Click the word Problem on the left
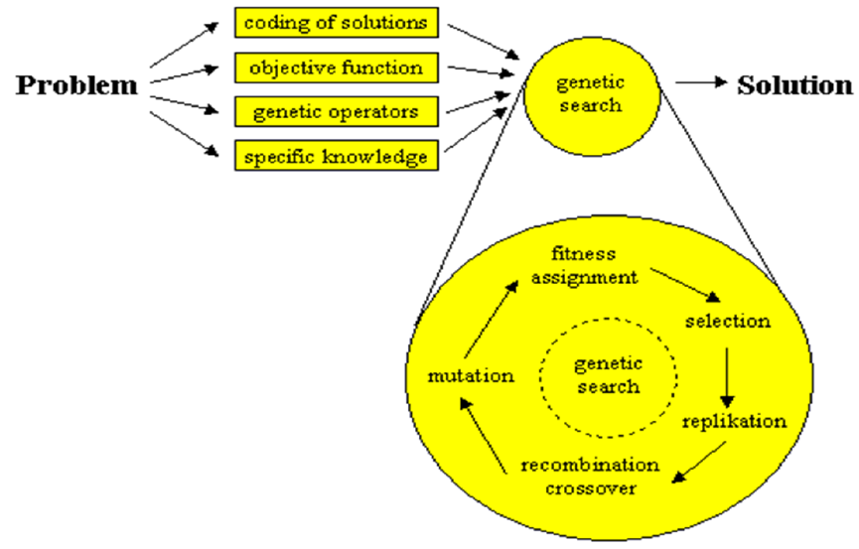(76, 86)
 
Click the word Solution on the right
(794, 85)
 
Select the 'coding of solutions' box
(336, 22)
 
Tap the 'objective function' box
(336, 68)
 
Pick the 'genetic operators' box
(336, 111)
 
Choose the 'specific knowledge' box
(336, 155)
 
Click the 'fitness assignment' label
(584, 267)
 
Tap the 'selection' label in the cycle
(727, 322)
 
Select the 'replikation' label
(734, 421)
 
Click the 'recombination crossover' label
(590, 476)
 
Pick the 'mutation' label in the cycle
(471, 375)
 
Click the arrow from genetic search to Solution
(701, 84)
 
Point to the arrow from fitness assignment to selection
(686, 283)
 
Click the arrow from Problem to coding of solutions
(183, 45)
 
